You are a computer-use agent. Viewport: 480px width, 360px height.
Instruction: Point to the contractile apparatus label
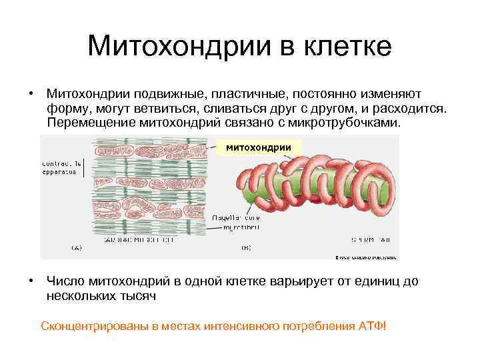click(x=61, y=167)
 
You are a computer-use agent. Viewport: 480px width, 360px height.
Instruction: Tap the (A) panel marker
click(x=76, y=247)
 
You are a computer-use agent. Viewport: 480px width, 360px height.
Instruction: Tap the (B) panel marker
click(x=245, y=247)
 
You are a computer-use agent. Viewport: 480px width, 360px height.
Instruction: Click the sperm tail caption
click(x=382, y=239)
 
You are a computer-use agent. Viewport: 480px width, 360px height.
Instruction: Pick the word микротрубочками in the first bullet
click(x=347, y=123)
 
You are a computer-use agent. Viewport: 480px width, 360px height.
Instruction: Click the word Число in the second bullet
click(x=63, y=281)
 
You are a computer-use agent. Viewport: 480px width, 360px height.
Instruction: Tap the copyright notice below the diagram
click(x=365, y=256)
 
